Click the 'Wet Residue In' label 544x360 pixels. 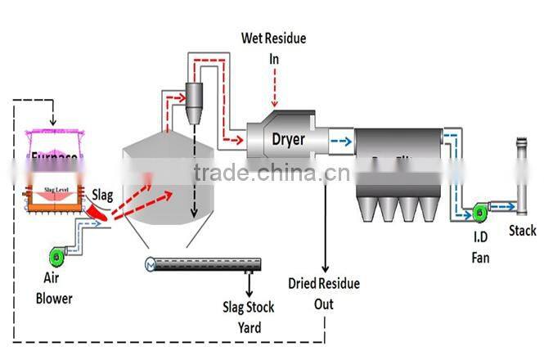(x=274, y=48)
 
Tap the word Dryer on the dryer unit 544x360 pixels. (x=288, y=140)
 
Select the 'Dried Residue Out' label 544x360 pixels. (x=324, y=294)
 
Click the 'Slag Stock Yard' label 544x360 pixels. (x=249, y=317)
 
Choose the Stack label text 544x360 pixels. (x=522, y=231)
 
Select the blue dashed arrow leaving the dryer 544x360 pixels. (x=341, y=140)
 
